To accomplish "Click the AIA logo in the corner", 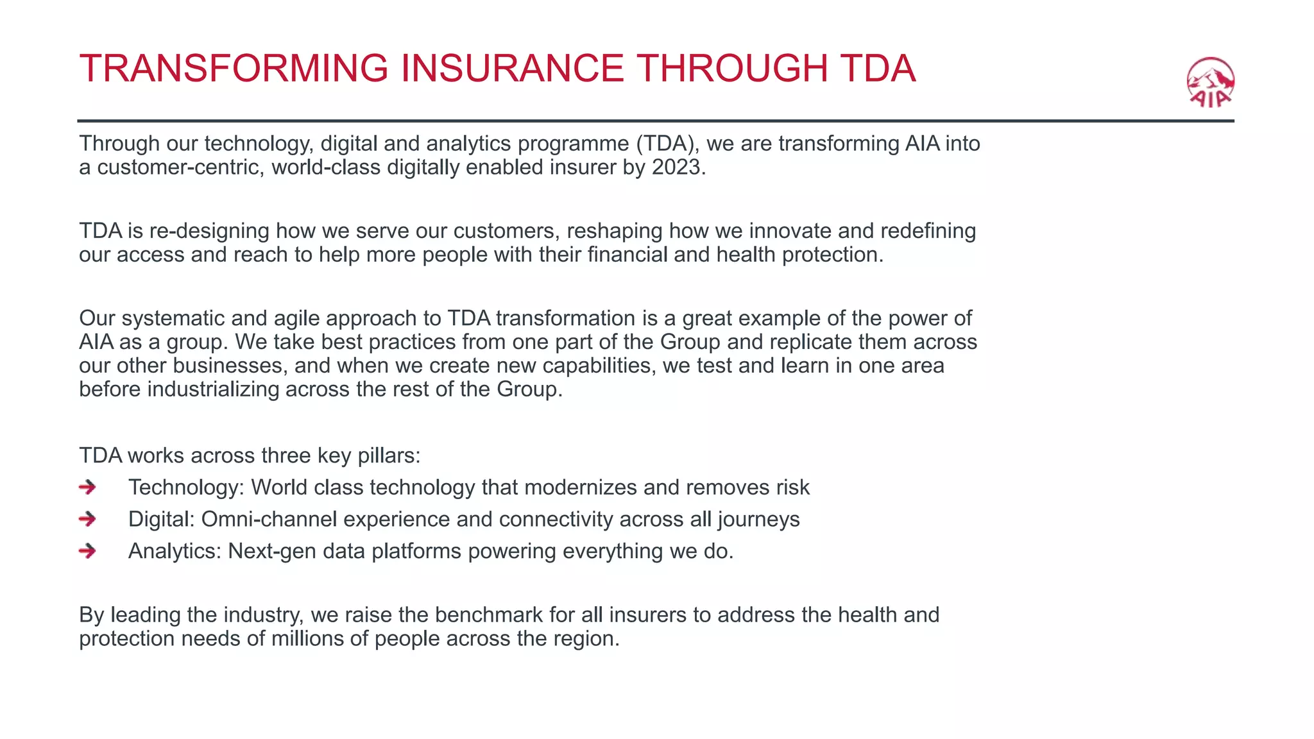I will (x=1210, y=83).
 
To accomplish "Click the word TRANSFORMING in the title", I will (x=234, y=69).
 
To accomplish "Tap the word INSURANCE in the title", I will (x=512, y=69).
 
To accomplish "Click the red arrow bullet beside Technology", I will (x=87, y=488).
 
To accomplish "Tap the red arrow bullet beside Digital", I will (x=87, y=519).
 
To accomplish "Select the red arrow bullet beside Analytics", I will (x=87, y=551).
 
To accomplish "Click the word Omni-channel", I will (x=269, y=519).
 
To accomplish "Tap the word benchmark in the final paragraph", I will (x=489, y=615).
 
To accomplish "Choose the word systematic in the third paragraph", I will (x=172, y=319).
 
